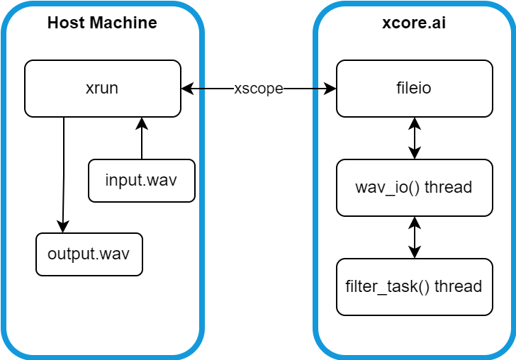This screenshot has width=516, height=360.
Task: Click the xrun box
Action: click(x=102, y=89)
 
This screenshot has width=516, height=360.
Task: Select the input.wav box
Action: click(x=141, y=180)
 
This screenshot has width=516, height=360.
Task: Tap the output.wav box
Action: click(x=89, y=254)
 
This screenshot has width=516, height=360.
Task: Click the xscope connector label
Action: click(x=258, y=89)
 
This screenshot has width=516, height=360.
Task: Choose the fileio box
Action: click(x=414, y=89)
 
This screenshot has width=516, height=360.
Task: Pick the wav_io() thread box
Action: click(x=414, y=188)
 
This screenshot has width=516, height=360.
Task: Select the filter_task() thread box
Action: click(x=414, y=287)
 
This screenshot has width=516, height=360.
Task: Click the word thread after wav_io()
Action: click(x=449, y=188)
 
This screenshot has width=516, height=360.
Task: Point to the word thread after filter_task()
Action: click(x=458, y=287)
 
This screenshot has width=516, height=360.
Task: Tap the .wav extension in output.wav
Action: click(x=114, y=254)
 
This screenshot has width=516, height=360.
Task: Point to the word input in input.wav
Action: click(x=123, y=180)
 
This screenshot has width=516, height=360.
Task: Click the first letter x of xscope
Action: click(x=237, y=89)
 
